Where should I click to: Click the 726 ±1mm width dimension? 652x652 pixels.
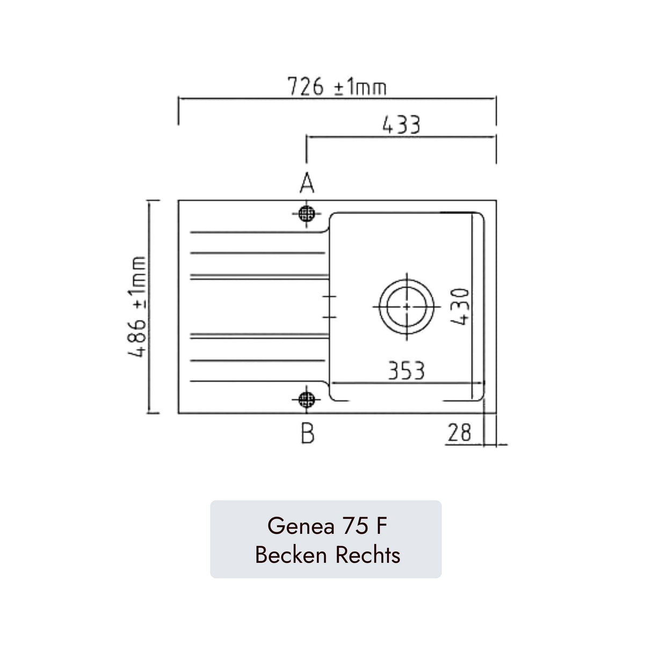coord(337,86)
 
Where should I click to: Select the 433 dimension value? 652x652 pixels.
coord(401,125)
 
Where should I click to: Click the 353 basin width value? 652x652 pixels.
coord(407,371)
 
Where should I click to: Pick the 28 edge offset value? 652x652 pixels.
coord(459,433)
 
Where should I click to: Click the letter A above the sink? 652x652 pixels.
coord(307,184)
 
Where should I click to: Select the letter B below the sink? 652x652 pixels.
coord(308,433)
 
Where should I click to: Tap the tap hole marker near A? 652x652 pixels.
coord(307,214)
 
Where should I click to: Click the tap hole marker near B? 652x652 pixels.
coord(307,399)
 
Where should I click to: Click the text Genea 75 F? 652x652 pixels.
coord(327,526)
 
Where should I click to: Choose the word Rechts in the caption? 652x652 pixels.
coord(368,555)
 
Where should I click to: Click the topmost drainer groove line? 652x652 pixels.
coord(257,233)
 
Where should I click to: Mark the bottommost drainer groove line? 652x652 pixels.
coord(257,381)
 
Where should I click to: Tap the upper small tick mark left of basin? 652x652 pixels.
coord(329,296)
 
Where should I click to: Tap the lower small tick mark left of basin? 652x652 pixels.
coord(329,317)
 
